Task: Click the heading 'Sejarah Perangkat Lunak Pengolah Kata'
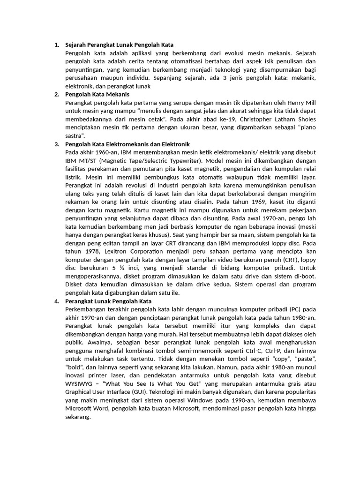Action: [119, 45]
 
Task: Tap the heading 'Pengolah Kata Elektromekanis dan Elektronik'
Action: [127, 143]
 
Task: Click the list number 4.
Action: [56, 301]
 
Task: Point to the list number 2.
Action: [56, 94]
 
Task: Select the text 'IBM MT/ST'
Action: [80, 160]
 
